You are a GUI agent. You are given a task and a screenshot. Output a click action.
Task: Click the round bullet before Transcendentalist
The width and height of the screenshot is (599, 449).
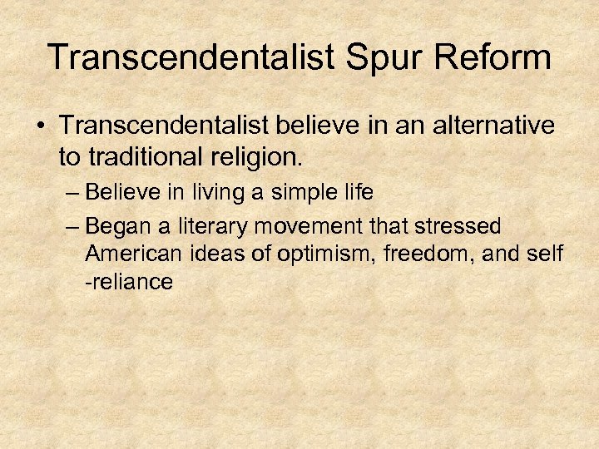(42, 126)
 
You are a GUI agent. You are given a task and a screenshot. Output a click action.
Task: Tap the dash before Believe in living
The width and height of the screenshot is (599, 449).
(72, 193)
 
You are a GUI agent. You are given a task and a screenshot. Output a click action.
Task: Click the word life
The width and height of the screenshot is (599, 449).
(356, 193)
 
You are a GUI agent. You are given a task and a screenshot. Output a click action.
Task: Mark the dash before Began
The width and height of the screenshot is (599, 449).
(72, 226)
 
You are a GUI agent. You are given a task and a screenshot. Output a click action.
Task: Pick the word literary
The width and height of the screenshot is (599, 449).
(211, 226)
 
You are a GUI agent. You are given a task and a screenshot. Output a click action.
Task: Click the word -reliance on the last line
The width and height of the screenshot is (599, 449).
(129, 282)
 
